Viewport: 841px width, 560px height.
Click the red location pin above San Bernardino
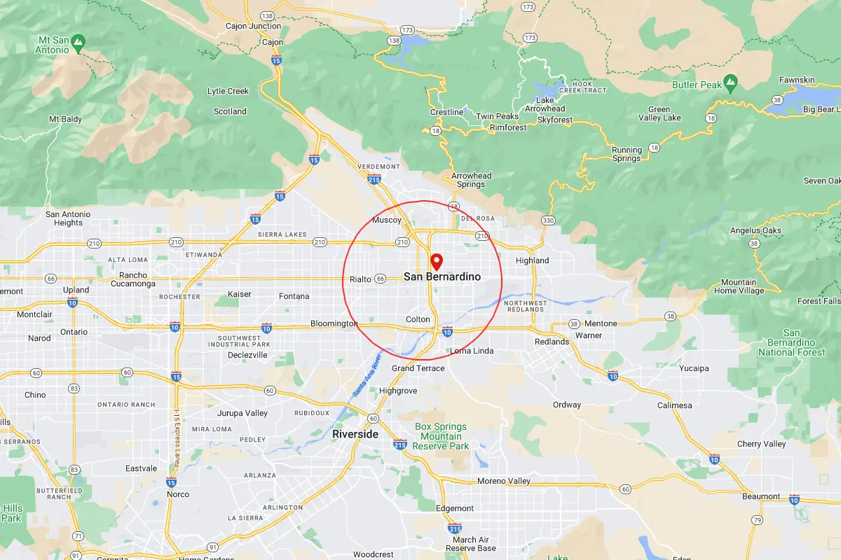tap(436, 262)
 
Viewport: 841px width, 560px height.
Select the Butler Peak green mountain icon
tap(731, 83)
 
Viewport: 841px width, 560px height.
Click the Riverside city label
tap(355, 434)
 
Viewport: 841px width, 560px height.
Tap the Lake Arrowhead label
tap(545, 104)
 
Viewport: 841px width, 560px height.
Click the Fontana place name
tap(294, 296)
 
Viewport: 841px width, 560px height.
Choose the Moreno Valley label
tap(504, 482)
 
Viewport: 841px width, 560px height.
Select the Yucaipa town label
tap(694, 368)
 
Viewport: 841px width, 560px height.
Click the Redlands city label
tap(552, 342)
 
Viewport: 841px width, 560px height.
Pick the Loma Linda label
tap(472, 351)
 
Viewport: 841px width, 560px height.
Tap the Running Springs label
tap(627, 154)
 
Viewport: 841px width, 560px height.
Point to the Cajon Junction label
tap(253, 27)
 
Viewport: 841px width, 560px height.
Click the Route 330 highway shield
tap(547, 221)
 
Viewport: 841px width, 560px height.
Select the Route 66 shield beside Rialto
tap(381, 279)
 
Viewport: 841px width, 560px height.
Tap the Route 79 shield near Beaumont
tap(757, 520)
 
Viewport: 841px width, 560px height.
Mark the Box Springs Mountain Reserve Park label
tap(441, 436)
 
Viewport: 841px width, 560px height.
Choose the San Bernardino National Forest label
tap(791, 343)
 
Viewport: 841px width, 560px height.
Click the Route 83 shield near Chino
tap(74, 388)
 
